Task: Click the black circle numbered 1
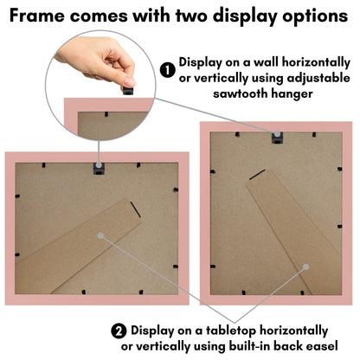168,70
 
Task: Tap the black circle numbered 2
119,331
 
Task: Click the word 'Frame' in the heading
37,16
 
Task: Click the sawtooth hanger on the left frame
99,169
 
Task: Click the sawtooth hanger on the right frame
277,138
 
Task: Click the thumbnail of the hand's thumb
129,81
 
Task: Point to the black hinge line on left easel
135,209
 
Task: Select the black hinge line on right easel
257,175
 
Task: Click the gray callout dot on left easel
100,235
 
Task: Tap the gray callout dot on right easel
306,267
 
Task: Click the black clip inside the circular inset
106,114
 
